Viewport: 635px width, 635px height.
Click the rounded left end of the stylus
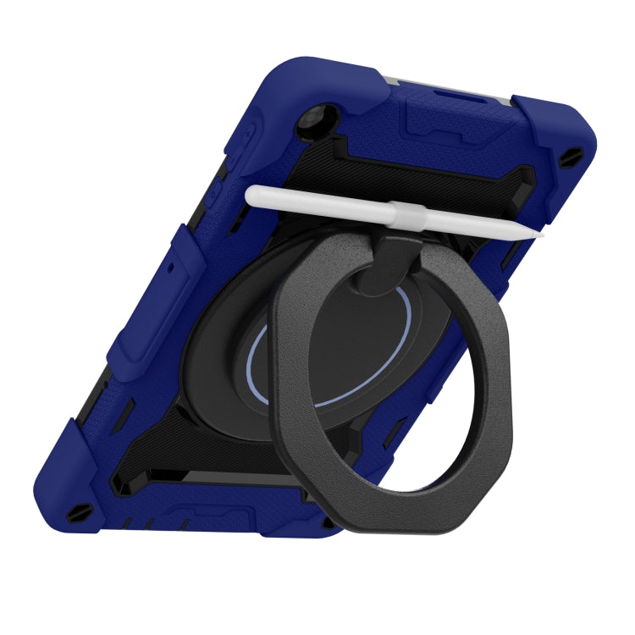tap(249, 196)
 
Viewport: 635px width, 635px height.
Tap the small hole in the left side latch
tap(169, 266)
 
